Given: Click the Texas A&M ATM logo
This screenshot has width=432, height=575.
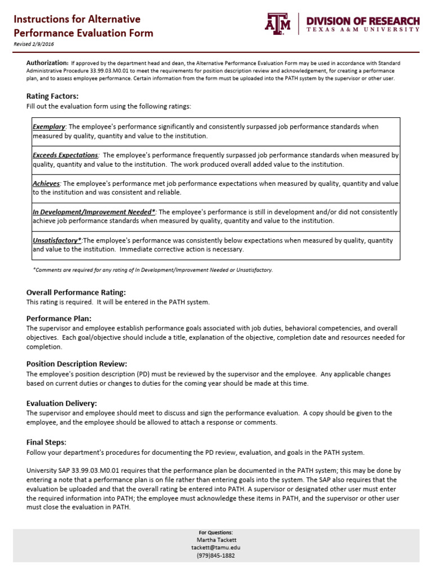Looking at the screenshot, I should (x=277, y=24).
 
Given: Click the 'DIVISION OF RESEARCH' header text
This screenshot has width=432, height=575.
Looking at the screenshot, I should (x=363, y=21).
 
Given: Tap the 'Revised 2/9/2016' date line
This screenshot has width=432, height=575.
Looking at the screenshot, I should (x=34, y=44).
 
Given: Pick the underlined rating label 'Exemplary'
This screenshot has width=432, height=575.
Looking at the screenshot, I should (x=49, y=127).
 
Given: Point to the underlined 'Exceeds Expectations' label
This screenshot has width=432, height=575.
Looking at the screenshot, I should (x=65, y=155).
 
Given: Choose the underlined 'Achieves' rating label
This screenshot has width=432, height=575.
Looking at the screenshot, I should (x=46, y=184).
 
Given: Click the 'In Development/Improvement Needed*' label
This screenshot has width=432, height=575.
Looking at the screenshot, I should (x=94, y=212).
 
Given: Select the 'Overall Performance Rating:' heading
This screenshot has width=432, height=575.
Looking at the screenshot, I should (x=76, y=293).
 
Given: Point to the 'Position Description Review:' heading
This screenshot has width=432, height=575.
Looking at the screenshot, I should (x=77, y=364).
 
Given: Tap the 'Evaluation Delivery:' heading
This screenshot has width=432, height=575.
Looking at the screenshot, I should (x=62, y=403).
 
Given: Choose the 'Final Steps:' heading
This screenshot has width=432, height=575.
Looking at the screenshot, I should (x=47, y=442).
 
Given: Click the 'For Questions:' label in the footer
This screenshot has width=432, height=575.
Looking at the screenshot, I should (x=216, y=532).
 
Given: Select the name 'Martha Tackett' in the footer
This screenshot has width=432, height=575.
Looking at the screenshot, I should (x=216, y=540).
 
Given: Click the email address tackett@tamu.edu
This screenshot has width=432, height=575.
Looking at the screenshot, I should (x=216, y=547).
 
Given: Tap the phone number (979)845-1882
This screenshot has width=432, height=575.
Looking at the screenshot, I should (x=216, y=555).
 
